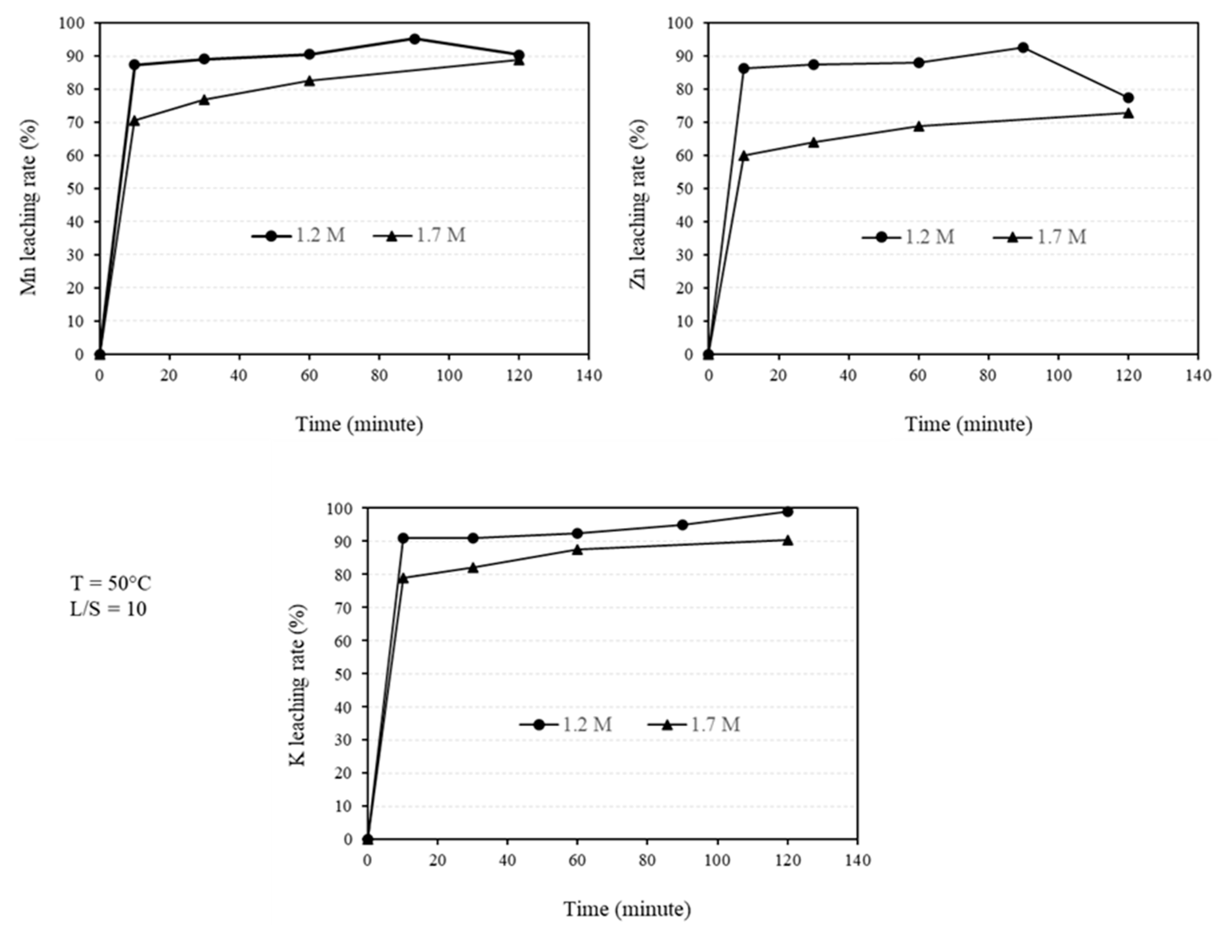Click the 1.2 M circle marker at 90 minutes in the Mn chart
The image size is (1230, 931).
(x=414, y=39)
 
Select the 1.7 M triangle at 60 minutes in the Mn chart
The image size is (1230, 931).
(x=309, y=81)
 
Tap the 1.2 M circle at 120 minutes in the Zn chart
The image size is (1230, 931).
(x=1128, y=98)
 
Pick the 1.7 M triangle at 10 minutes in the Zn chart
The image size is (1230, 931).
(x=744, y=156)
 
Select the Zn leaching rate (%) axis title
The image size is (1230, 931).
(x=638, y=205)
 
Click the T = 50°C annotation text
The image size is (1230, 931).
(x=110, y=583)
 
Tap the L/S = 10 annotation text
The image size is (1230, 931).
(x=108, y=609)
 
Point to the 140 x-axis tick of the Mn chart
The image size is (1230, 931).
(x=589, y=376)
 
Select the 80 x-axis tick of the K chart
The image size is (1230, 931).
(x=647, y=860)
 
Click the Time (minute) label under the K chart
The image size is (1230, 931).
(x=627, y=909)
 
